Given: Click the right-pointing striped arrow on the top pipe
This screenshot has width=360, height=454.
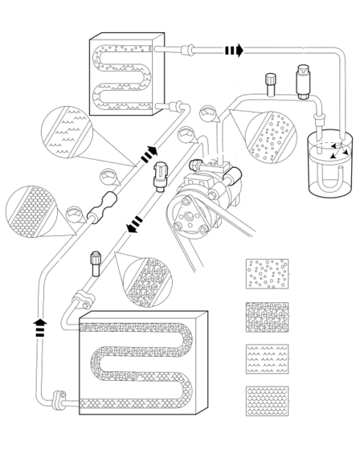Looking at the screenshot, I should point(233,51).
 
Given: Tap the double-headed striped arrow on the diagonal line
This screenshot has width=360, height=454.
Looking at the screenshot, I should point(148,154).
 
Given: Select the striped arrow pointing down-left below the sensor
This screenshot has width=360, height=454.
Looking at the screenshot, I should point(134,223).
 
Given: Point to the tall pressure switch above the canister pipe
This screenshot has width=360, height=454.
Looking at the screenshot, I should point(303,80).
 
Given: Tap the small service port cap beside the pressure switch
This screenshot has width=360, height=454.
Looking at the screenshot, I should point(270,81).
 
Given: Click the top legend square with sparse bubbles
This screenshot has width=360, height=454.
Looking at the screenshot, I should point(266,273).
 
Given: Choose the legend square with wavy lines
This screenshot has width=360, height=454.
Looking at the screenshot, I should point(266,358).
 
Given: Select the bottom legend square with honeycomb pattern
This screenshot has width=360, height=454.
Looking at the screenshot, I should point(266,401).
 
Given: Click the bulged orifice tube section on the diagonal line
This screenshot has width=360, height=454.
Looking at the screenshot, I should point(104,216).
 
